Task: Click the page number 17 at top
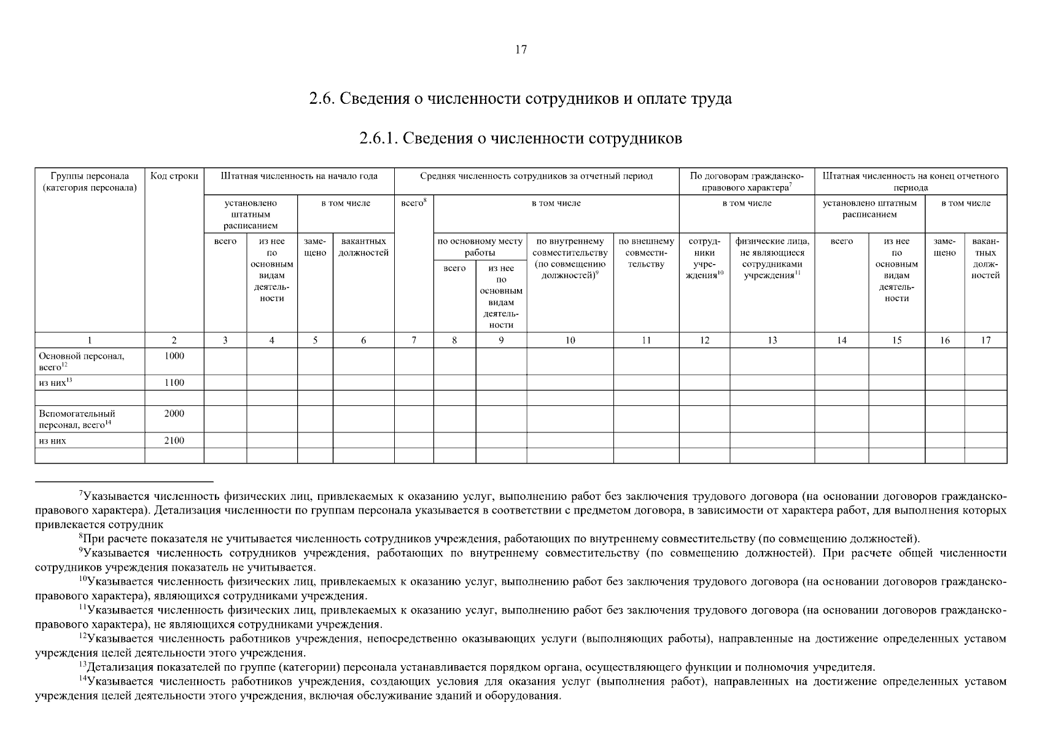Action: click(521, 50)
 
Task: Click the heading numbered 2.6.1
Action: click(521, 138)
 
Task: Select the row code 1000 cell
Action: click(174, 356)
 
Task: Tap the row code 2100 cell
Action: click(174, 440)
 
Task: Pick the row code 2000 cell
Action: click(174, 414)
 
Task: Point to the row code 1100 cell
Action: click(174, 383)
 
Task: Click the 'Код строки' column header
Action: click(174, 176)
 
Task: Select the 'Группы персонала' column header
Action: click(90, 182)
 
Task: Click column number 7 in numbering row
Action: click(414, 340)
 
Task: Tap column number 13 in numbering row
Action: click(772, 340)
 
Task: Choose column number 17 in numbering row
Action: click(986, 340)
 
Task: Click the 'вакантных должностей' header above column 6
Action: click(364, 247)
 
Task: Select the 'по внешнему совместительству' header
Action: click(646, 252)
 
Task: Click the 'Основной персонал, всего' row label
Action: click(81, 361)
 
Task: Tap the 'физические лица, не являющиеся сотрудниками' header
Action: click(772, 258)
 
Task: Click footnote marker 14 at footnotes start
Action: click(82, 679)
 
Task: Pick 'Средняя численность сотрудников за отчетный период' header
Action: click(536, 176)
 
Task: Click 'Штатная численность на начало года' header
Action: click(299, 176)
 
